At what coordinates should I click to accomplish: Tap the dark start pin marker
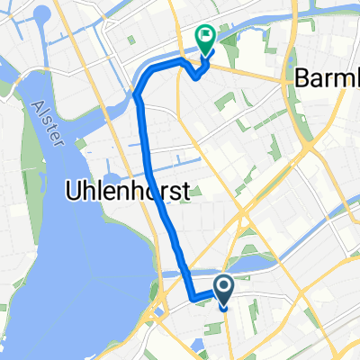pyautogui.click(x=222, y=288)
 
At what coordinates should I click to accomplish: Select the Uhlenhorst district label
pyautogui.click(x=126, y=191)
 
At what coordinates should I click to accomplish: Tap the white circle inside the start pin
pyautogui.click(x=222, y=285)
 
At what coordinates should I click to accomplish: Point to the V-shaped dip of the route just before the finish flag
pyautogui.click(x=196, y=76)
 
